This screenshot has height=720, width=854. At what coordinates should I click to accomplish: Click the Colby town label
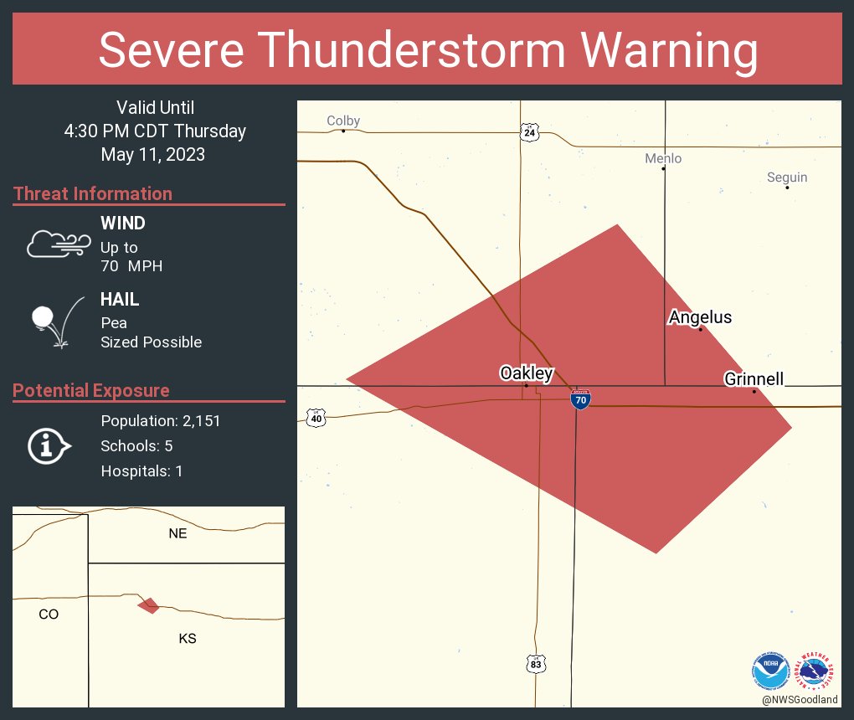tap(343, 121)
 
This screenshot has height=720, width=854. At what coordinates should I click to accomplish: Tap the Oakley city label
tap(526, 373)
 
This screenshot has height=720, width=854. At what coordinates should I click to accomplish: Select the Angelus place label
tap(700, 317)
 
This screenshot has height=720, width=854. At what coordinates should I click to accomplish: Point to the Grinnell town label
tap(754, 379)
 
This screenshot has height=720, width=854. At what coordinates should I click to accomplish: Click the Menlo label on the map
tap(663, 158)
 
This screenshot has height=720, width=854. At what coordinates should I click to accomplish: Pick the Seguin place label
tap(787, 177)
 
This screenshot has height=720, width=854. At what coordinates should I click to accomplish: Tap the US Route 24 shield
tap(530, 132)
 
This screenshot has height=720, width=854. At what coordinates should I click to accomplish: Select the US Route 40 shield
tap(315, 418)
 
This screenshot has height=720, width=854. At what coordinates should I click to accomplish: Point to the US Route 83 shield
tap(536, 664)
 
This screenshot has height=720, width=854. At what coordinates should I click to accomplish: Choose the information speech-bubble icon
tap(49, 446)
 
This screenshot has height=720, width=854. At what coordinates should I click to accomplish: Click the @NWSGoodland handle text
tap(800, 700)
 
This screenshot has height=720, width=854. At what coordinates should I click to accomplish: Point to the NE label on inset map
tap(177, 533)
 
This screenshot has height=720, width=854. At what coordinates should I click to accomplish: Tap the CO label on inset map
tap(49, 614)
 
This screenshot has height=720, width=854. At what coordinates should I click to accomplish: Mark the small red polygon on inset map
tap(149, 604)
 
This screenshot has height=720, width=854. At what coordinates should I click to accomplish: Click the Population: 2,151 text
tap(161, 421)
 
